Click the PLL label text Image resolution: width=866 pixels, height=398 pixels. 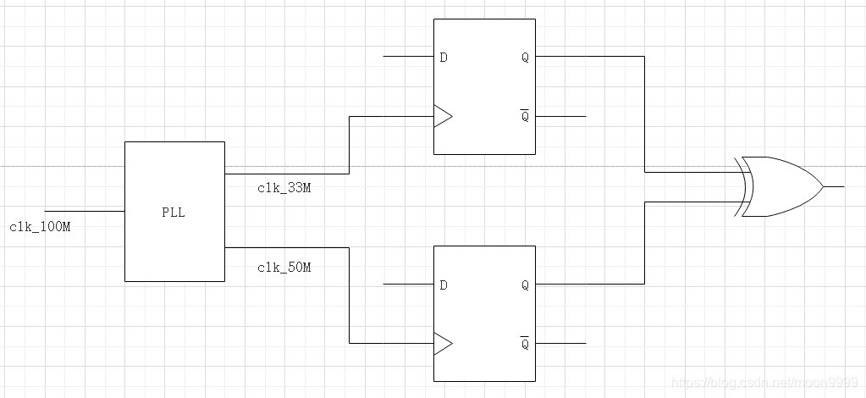pos(174,213)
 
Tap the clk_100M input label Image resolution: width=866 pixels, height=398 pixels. pos(41,227)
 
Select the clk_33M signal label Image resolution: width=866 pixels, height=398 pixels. pos(284,188)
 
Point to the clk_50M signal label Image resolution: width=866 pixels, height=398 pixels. pos(284,268)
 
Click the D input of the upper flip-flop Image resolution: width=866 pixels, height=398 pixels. pos(444,58)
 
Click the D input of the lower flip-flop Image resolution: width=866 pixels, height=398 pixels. pos(444,285)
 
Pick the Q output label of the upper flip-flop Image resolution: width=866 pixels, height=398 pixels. pos(525,58)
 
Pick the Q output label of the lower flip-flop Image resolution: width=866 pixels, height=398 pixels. pos(525,285)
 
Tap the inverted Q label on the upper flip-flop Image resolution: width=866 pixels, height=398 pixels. pos(525,117)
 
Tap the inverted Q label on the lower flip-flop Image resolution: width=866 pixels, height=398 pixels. pos(525,344)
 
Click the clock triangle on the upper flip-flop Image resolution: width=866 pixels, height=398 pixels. pos(442,116)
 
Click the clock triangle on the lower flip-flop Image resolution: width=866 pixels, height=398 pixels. pos(442,343)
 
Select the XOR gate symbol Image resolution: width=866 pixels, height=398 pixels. pos(780,186)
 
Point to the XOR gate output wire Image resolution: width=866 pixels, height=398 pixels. pos(833,186)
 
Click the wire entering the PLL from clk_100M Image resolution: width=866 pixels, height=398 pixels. pos(85,210)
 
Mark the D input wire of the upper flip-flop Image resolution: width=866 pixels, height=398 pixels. pos(408,57)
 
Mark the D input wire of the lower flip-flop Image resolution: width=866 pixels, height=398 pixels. pos(408,284)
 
